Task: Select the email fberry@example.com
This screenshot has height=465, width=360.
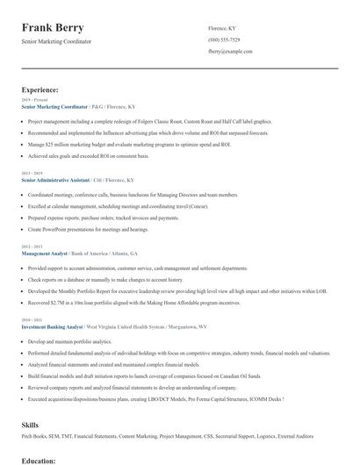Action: [x=231, y=52]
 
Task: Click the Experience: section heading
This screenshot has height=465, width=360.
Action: [x=40, y=89]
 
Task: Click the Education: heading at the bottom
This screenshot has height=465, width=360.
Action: [x=40, y=460]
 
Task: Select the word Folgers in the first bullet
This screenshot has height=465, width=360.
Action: [x=141, y=121]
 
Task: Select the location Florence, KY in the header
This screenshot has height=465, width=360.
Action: [x=222, y=28]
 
